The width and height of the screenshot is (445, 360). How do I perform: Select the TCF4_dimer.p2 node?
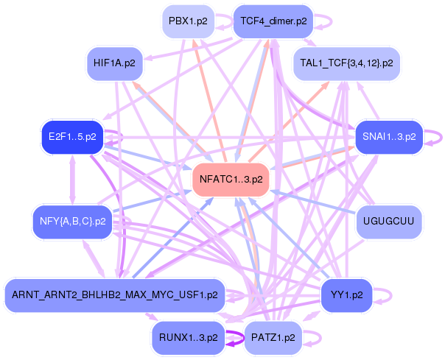[x=274, y=21]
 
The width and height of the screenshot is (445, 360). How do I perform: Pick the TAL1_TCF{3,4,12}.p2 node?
[x=346, y=63]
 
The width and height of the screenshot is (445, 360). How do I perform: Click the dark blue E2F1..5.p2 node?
[x=71, y=137]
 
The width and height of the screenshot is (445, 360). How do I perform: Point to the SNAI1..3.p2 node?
[x=388, y=137]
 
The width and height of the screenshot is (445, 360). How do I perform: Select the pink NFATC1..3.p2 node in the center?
[x=230, y=178]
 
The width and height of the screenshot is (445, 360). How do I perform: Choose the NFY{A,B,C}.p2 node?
[x=71, y=220]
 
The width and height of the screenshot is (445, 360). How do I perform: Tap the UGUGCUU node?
[x=388, y=220]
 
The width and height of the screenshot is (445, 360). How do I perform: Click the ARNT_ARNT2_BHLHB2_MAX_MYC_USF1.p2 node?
[x=114, y=295]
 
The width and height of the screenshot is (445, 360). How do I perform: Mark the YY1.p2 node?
[x=346, y=295]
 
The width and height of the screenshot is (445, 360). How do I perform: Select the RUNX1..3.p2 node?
[x=188, y=338]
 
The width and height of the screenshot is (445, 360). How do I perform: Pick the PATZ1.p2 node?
[x=273, y=338]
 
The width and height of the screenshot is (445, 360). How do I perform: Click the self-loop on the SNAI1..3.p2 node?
[x=436, y=137]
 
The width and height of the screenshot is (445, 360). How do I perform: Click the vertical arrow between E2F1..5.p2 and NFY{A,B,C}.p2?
[x=72, y=179]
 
